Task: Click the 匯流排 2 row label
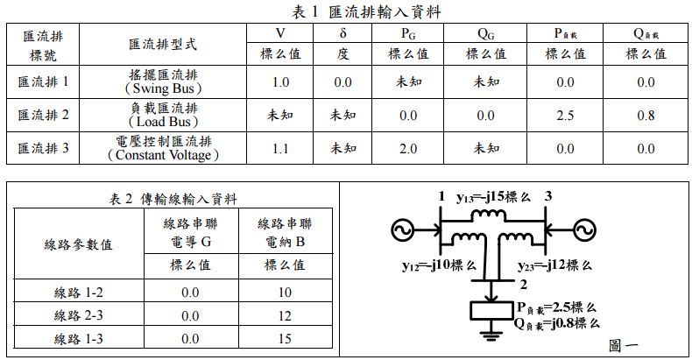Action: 43,115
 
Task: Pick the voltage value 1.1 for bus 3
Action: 280,148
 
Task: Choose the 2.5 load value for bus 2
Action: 565,115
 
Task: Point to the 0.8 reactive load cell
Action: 646,115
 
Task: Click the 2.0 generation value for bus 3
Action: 408,148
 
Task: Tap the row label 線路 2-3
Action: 78,315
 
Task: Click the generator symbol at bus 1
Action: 406,229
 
